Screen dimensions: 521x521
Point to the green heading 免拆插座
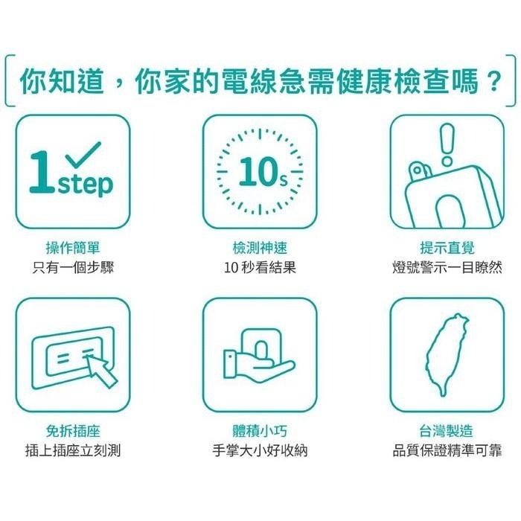(73, 431)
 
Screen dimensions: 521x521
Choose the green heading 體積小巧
(260, 431)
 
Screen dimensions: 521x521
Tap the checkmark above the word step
(83, 155)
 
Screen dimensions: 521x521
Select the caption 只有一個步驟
(73, 267)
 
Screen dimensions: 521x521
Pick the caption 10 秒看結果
(260, 267)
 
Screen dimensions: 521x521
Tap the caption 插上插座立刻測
(73, 450)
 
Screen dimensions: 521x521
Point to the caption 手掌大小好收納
(260, 450)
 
